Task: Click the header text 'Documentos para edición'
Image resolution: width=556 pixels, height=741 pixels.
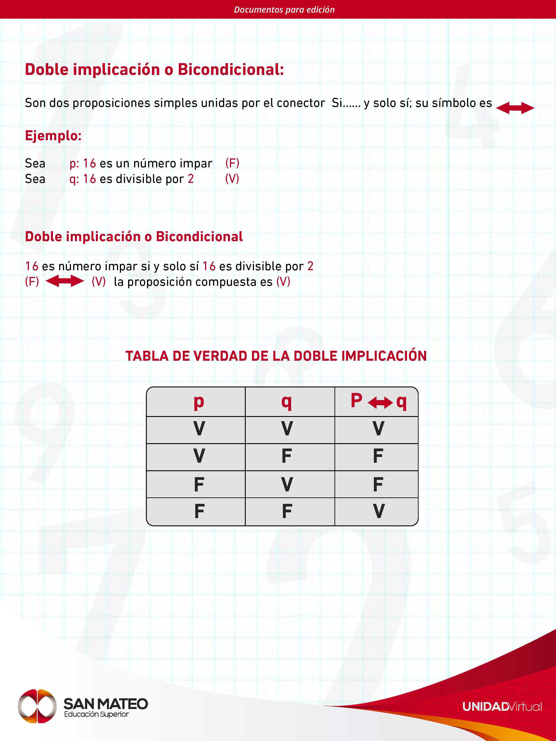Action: click(284, 9)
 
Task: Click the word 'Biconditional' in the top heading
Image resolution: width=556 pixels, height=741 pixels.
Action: click(231, 70)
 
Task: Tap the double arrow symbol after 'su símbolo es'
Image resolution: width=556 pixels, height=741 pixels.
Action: click(515, 108)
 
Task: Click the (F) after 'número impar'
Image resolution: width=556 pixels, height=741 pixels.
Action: click(232, 163)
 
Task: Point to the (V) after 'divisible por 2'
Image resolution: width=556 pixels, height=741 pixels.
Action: click(232, 178)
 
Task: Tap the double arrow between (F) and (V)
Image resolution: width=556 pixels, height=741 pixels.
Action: click(65, 281)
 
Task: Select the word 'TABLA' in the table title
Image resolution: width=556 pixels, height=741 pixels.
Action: click(147, 356)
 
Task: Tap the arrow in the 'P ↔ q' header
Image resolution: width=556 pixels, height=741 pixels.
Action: click(380, 402)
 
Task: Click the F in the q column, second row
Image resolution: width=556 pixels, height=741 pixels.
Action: click(286, 456)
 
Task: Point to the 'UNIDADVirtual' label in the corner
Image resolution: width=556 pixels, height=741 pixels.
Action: click(502, 707)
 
